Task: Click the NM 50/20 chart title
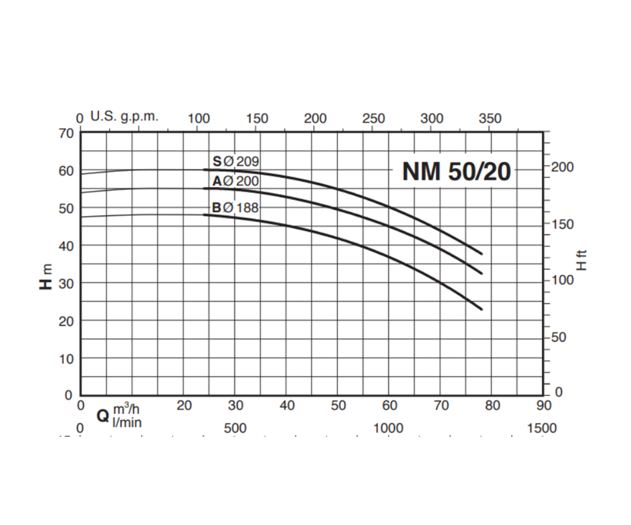456,171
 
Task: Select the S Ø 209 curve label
236,162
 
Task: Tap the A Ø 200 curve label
236,182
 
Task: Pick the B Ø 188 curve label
236,208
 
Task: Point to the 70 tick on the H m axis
66,133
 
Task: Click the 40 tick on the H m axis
66,246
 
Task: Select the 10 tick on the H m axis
66,359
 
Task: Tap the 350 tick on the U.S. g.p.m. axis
490,119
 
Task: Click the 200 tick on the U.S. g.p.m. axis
315,119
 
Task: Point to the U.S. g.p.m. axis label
124,117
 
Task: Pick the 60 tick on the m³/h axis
389,406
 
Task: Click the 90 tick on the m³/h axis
543,406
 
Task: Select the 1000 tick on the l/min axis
389,428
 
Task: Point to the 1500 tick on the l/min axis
542,428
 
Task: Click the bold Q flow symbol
103,416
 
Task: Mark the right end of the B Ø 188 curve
481,309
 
